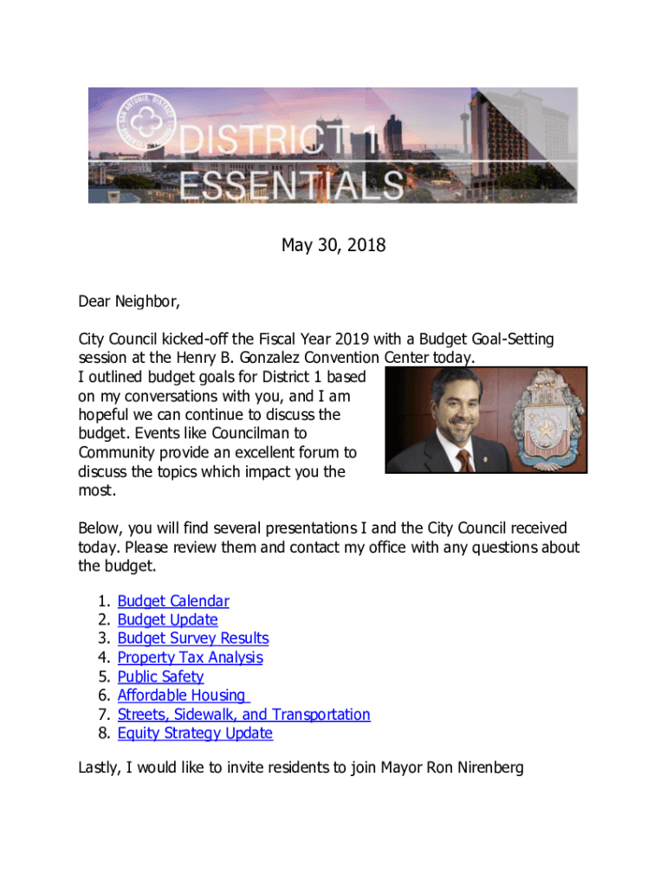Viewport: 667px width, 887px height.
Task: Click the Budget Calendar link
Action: coord(173,601)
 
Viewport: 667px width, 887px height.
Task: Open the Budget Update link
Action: coord(167,620)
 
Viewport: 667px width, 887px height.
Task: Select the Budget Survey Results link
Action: coord(193,638)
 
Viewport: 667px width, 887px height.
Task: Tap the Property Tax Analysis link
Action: coord(190,657)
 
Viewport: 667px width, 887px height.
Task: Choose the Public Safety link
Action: coord(160,677)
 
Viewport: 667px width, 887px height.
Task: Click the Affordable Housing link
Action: coord(183,696)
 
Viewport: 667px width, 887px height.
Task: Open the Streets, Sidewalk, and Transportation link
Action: coord(243,715)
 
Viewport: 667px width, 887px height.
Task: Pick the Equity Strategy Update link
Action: coord(195,734)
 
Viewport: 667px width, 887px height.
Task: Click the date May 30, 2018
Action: coord(333,246)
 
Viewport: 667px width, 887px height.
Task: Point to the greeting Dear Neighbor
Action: coord(129,301)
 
